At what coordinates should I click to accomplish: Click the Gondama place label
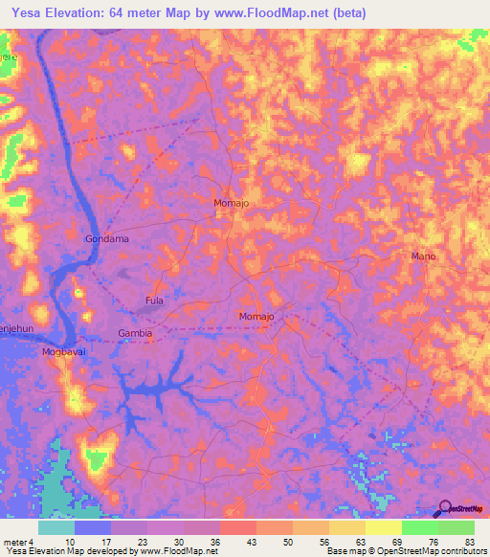pyautogui.click(x=106, y=238)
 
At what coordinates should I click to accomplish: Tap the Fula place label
pyautogui.click(x=154, y=301)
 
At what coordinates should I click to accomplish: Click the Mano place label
pyautogui.click(x=423, y=256)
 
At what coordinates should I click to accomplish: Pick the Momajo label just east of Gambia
pyautogui.click(x=256, y=316)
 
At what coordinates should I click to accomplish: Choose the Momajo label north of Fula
pyautogui.click(x=232, y=204)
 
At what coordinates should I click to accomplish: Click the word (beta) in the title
pyautogui.click(x=372, y=12)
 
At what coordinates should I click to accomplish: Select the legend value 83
pyautogui.click(x=469, y=541)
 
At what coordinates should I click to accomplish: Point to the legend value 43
pyautogui.click(x=251, y=541)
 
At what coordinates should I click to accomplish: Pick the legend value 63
pyautogui.click(x=360, y=541)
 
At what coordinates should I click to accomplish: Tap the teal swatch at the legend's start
pyautogui.click(x=56, y=527)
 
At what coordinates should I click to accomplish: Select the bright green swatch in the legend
pyautogui.click(x=420, y=527)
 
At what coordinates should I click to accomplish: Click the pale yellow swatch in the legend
pyautogui.click(x=384, y=527)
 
